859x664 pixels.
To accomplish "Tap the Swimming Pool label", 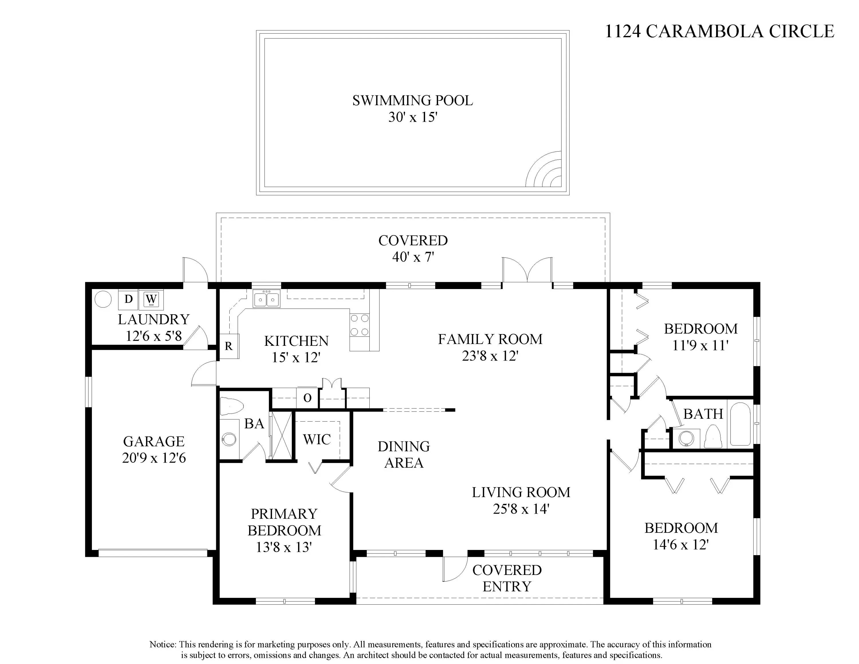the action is (x=413, y=101).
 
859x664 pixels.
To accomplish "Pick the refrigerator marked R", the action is (x=228, y=346).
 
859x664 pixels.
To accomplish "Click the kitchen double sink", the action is (x=266, y=299).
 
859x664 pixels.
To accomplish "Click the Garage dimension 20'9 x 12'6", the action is (x=154, y=458).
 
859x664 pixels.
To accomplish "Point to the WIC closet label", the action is (x=317, y=439).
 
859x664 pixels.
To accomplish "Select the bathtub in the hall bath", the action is (x=740, y=424).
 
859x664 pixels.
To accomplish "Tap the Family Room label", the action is (x=490, y=339).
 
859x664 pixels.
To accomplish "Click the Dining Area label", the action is (x=404, y=455).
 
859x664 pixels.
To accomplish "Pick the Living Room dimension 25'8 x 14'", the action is (x=521, y=509).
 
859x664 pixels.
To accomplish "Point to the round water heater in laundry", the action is (x=103, y=299).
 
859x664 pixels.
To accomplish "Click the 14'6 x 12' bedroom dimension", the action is (x=681, y=545).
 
